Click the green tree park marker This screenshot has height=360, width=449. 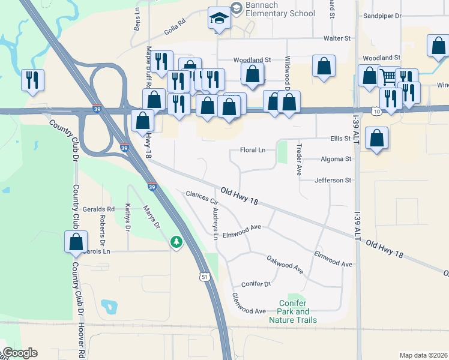pyautogui.click(x=176, y=242)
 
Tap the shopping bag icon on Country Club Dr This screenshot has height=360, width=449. pyautogui.click(x=76, y=242)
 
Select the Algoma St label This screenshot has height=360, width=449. pyautogui.click(x=336, y=159)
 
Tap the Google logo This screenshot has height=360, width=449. pyautogui.click(x=19, y=353)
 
